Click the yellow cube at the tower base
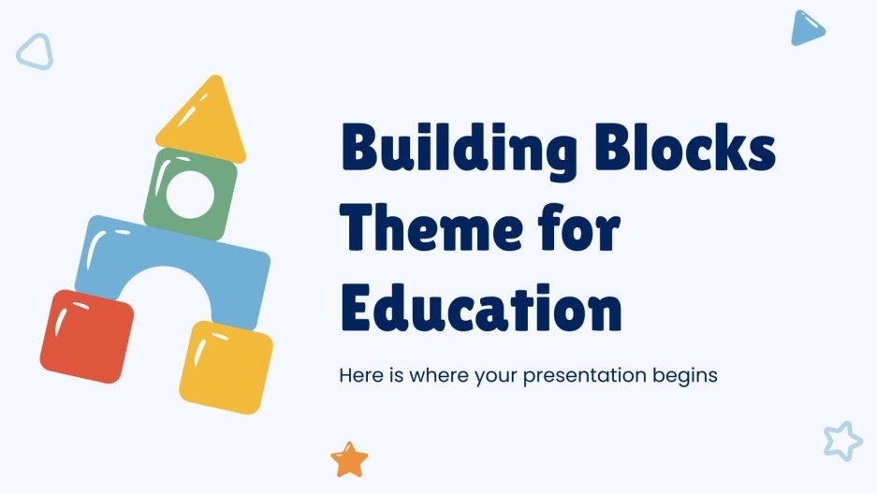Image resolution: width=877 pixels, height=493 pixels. coord(226,366)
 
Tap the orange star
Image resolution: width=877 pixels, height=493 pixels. coord(349,459)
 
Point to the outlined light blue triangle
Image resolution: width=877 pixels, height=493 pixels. coord(35,51)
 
